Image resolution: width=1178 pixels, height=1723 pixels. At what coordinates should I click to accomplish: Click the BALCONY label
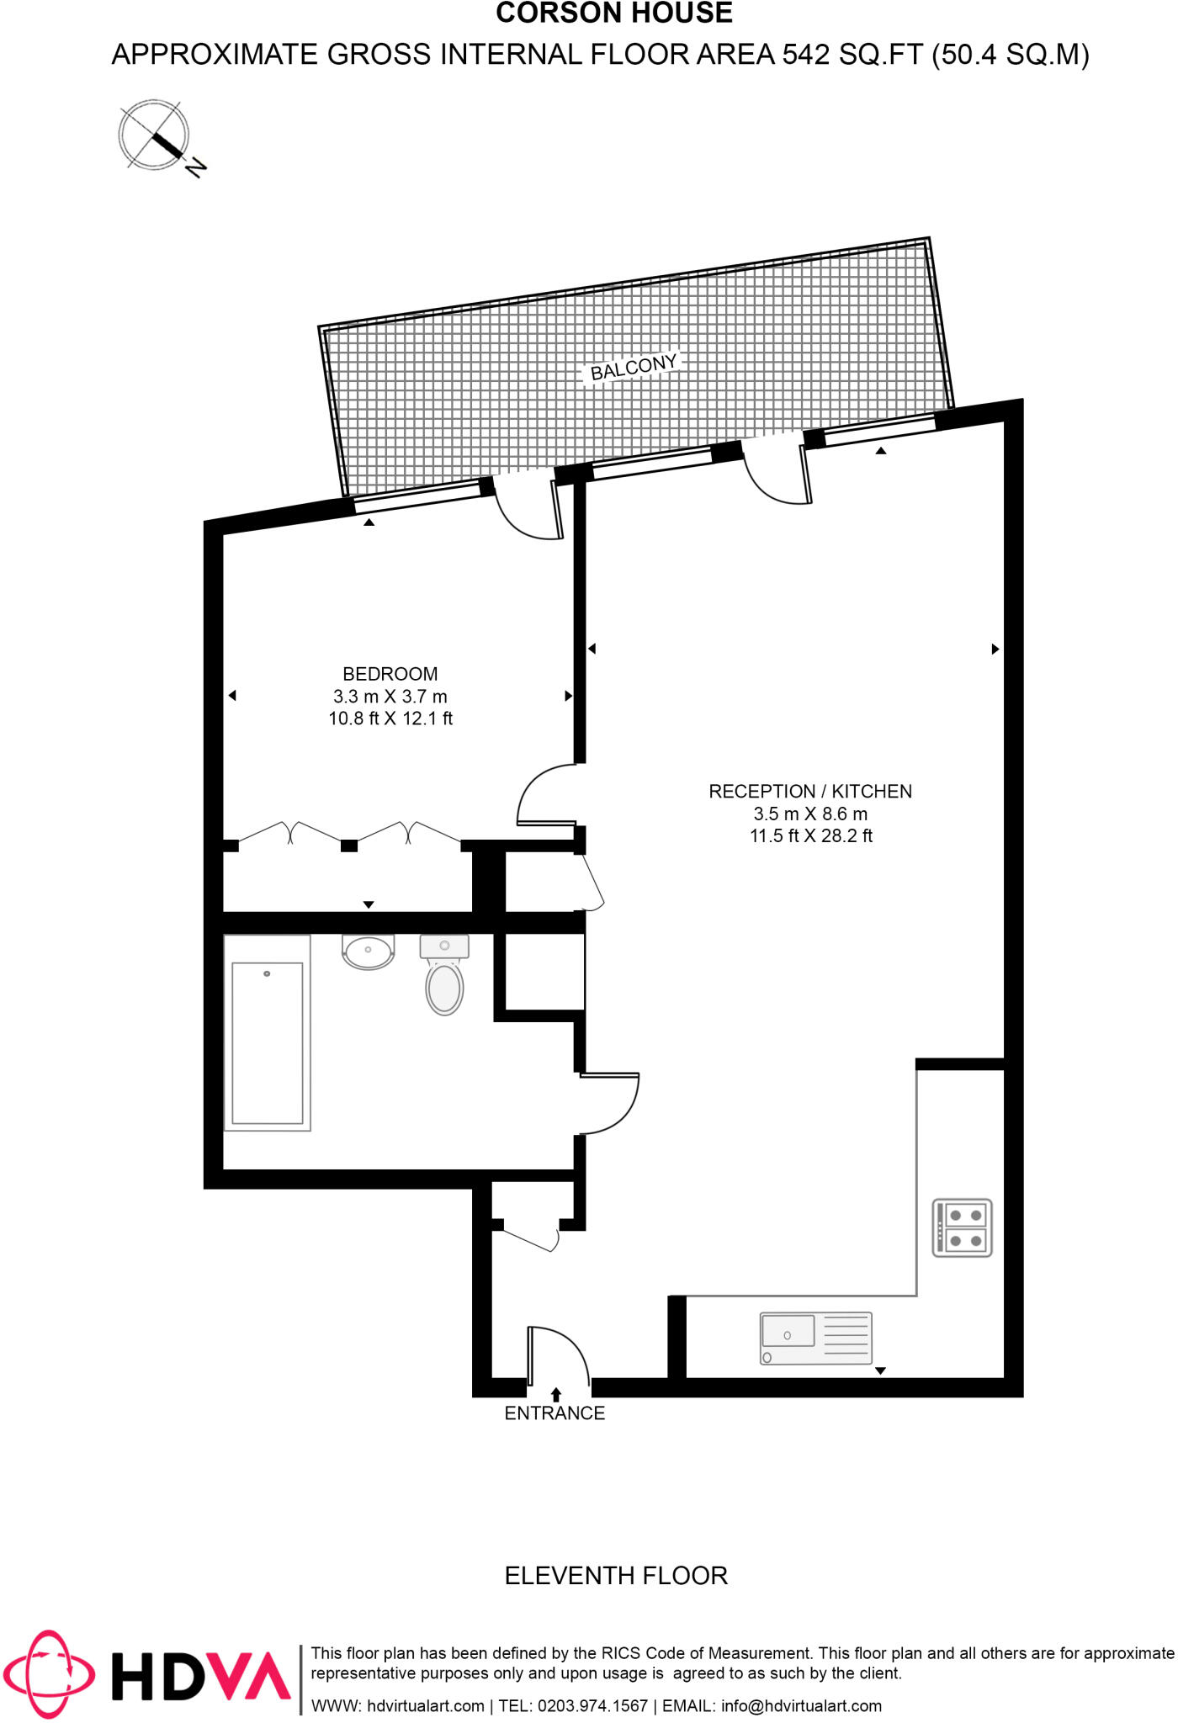634,367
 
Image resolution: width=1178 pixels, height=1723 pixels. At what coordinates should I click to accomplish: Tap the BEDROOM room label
390,674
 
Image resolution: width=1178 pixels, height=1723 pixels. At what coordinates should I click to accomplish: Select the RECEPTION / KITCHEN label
810,792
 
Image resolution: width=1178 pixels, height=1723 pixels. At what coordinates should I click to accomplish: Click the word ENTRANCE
555,1413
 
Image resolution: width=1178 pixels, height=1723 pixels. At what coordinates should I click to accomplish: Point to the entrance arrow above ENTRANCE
555,1394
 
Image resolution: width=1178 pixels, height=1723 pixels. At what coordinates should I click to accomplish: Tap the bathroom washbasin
368,952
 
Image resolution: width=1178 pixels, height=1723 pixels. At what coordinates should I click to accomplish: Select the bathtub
268,1034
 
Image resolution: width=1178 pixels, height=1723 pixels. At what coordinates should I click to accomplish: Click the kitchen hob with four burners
963,1227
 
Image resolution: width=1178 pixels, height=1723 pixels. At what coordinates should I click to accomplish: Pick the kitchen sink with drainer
815,1338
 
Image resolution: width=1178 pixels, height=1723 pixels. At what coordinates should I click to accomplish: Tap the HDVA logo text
202,1675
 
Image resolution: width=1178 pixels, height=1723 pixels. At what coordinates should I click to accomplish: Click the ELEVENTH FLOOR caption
616,1575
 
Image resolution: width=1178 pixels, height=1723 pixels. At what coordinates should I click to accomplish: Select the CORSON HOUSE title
614,14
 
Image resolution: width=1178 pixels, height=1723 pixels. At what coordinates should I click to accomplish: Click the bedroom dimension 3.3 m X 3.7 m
390,697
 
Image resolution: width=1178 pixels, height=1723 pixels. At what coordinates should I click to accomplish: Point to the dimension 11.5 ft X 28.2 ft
811,836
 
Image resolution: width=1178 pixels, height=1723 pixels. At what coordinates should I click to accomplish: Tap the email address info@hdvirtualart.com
801,1706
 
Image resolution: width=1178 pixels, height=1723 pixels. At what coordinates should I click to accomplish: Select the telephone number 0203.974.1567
592,1706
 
